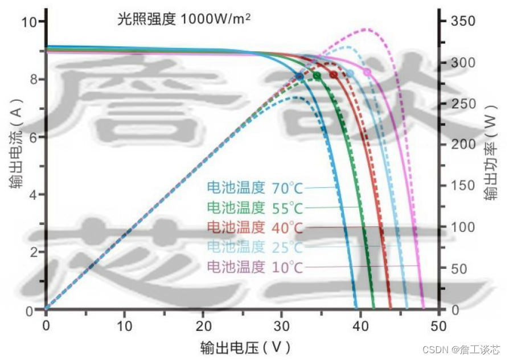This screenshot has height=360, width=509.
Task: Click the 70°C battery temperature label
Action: point(255,187)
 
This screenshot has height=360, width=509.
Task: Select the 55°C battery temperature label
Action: point(255,207)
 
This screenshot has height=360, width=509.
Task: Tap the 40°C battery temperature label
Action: point(255,227)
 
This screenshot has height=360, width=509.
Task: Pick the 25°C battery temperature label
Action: point(255,247)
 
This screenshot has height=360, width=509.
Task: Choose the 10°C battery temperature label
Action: point(255,266)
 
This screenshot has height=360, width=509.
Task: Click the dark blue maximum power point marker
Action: point(300,76)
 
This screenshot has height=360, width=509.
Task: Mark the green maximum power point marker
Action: point(317,75)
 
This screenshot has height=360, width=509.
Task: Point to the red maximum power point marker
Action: point(334,75)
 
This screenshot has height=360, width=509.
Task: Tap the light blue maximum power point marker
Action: point(350,73)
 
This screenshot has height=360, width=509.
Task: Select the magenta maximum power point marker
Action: point(367,72)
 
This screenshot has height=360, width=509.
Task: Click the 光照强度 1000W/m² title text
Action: point(183,19)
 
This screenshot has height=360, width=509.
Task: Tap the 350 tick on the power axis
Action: point(463,21)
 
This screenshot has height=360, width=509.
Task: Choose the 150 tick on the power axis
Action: point(463,186)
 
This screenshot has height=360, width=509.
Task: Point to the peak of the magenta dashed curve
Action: point(366,29)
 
